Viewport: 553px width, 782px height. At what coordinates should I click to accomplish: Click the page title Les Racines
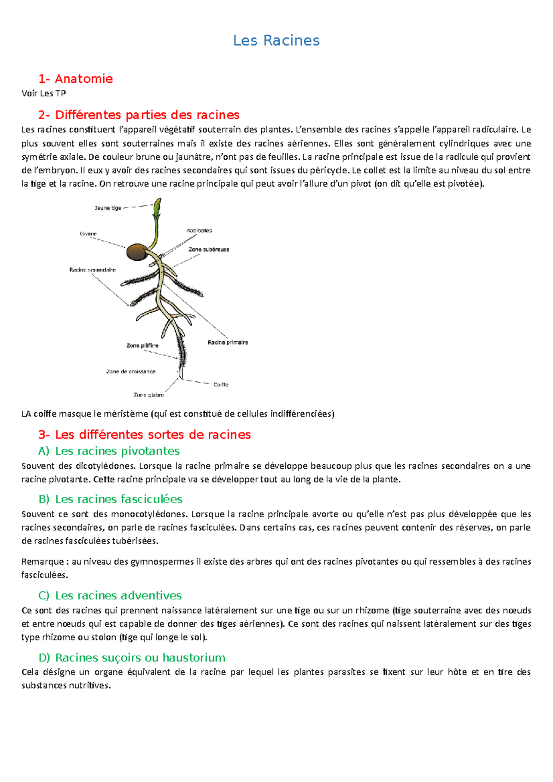click(x=276, y=41)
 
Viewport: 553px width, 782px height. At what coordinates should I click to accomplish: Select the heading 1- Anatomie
click(x=76, y=79)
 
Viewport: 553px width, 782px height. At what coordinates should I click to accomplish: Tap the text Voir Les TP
click(x=44, y=93)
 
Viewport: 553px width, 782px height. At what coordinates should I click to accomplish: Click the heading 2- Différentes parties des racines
click(x=139, y=115)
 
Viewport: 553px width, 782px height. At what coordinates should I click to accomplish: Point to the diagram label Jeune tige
click(x=108, y=208)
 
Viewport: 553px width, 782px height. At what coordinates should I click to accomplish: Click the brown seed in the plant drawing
click(x=136, y=252)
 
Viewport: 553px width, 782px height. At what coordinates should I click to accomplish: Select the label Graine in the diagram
click(x=88, y=234)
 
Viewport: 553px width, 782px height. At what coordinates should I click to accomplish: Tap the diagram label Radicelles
click(x=199, y=231)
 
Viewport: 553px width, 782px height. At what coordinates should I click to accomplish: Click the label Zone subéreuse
click(x=208, y=250)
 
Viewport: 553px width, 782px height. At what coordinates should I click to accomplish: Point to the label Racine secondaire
click(x=92, y=270)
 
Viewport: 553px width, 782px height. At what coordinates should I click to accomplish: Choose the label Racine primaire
click(x=228, y=343)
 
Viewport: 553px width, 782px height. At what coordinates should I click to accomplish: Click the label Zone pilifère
click(x=142, y=345)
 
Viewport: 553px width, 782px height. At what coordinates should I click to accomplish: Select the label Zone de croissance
click(x=131, y=372)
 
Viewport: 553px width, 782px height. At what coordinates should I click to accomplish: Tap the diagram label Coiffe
click(x=221, y=385)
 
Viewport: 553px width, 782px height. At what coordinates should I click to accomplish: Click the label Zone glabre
click(x=149, y=395)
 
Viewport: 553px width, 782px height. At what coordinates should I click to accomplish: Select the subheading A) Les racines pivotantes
click(x=109, y=451)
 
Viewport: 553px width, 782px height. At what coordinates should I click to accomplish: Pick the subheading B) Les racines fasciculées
click(x=111, y=499)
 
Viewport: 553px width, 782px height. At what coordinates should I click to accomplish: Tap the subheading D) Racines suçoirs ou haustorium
click(x=132, y=658)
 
